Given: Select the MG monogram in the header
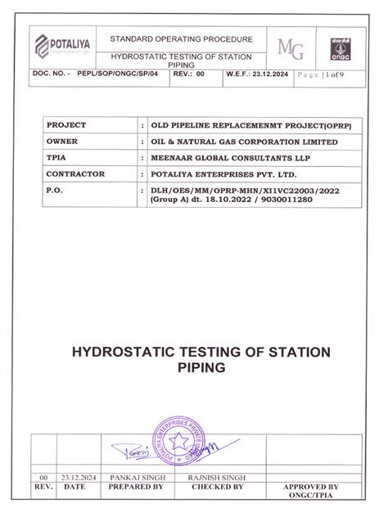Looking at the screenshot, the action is pyautogui.click(x=291, y=48).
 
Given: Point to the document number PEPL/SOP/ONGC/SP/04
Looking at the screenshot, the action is pyautogui.click(x=120, y=74).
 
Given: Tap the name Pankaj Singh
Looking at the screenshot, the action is pyautogui.click(x=137, y=476).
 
